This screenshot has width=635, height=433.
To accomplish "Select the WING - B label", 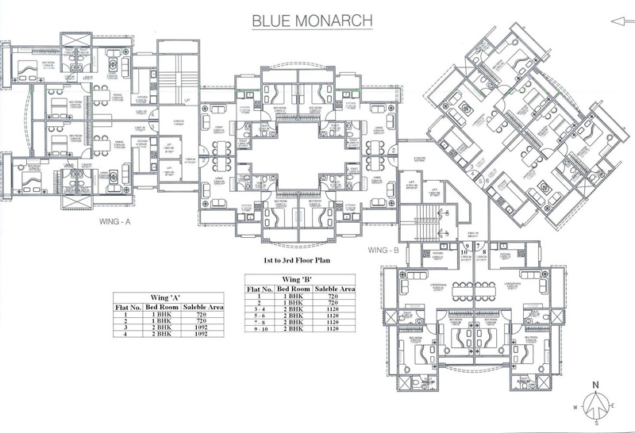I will point(383,251).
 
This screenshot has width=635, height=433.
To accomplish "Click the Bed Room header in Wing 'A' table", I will point(160,305).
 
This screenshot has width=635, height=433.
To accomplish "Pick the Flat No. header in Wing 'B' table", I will point(261,286).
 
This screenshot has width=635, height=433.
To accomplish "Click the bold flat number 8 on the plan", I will point(484,253).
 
